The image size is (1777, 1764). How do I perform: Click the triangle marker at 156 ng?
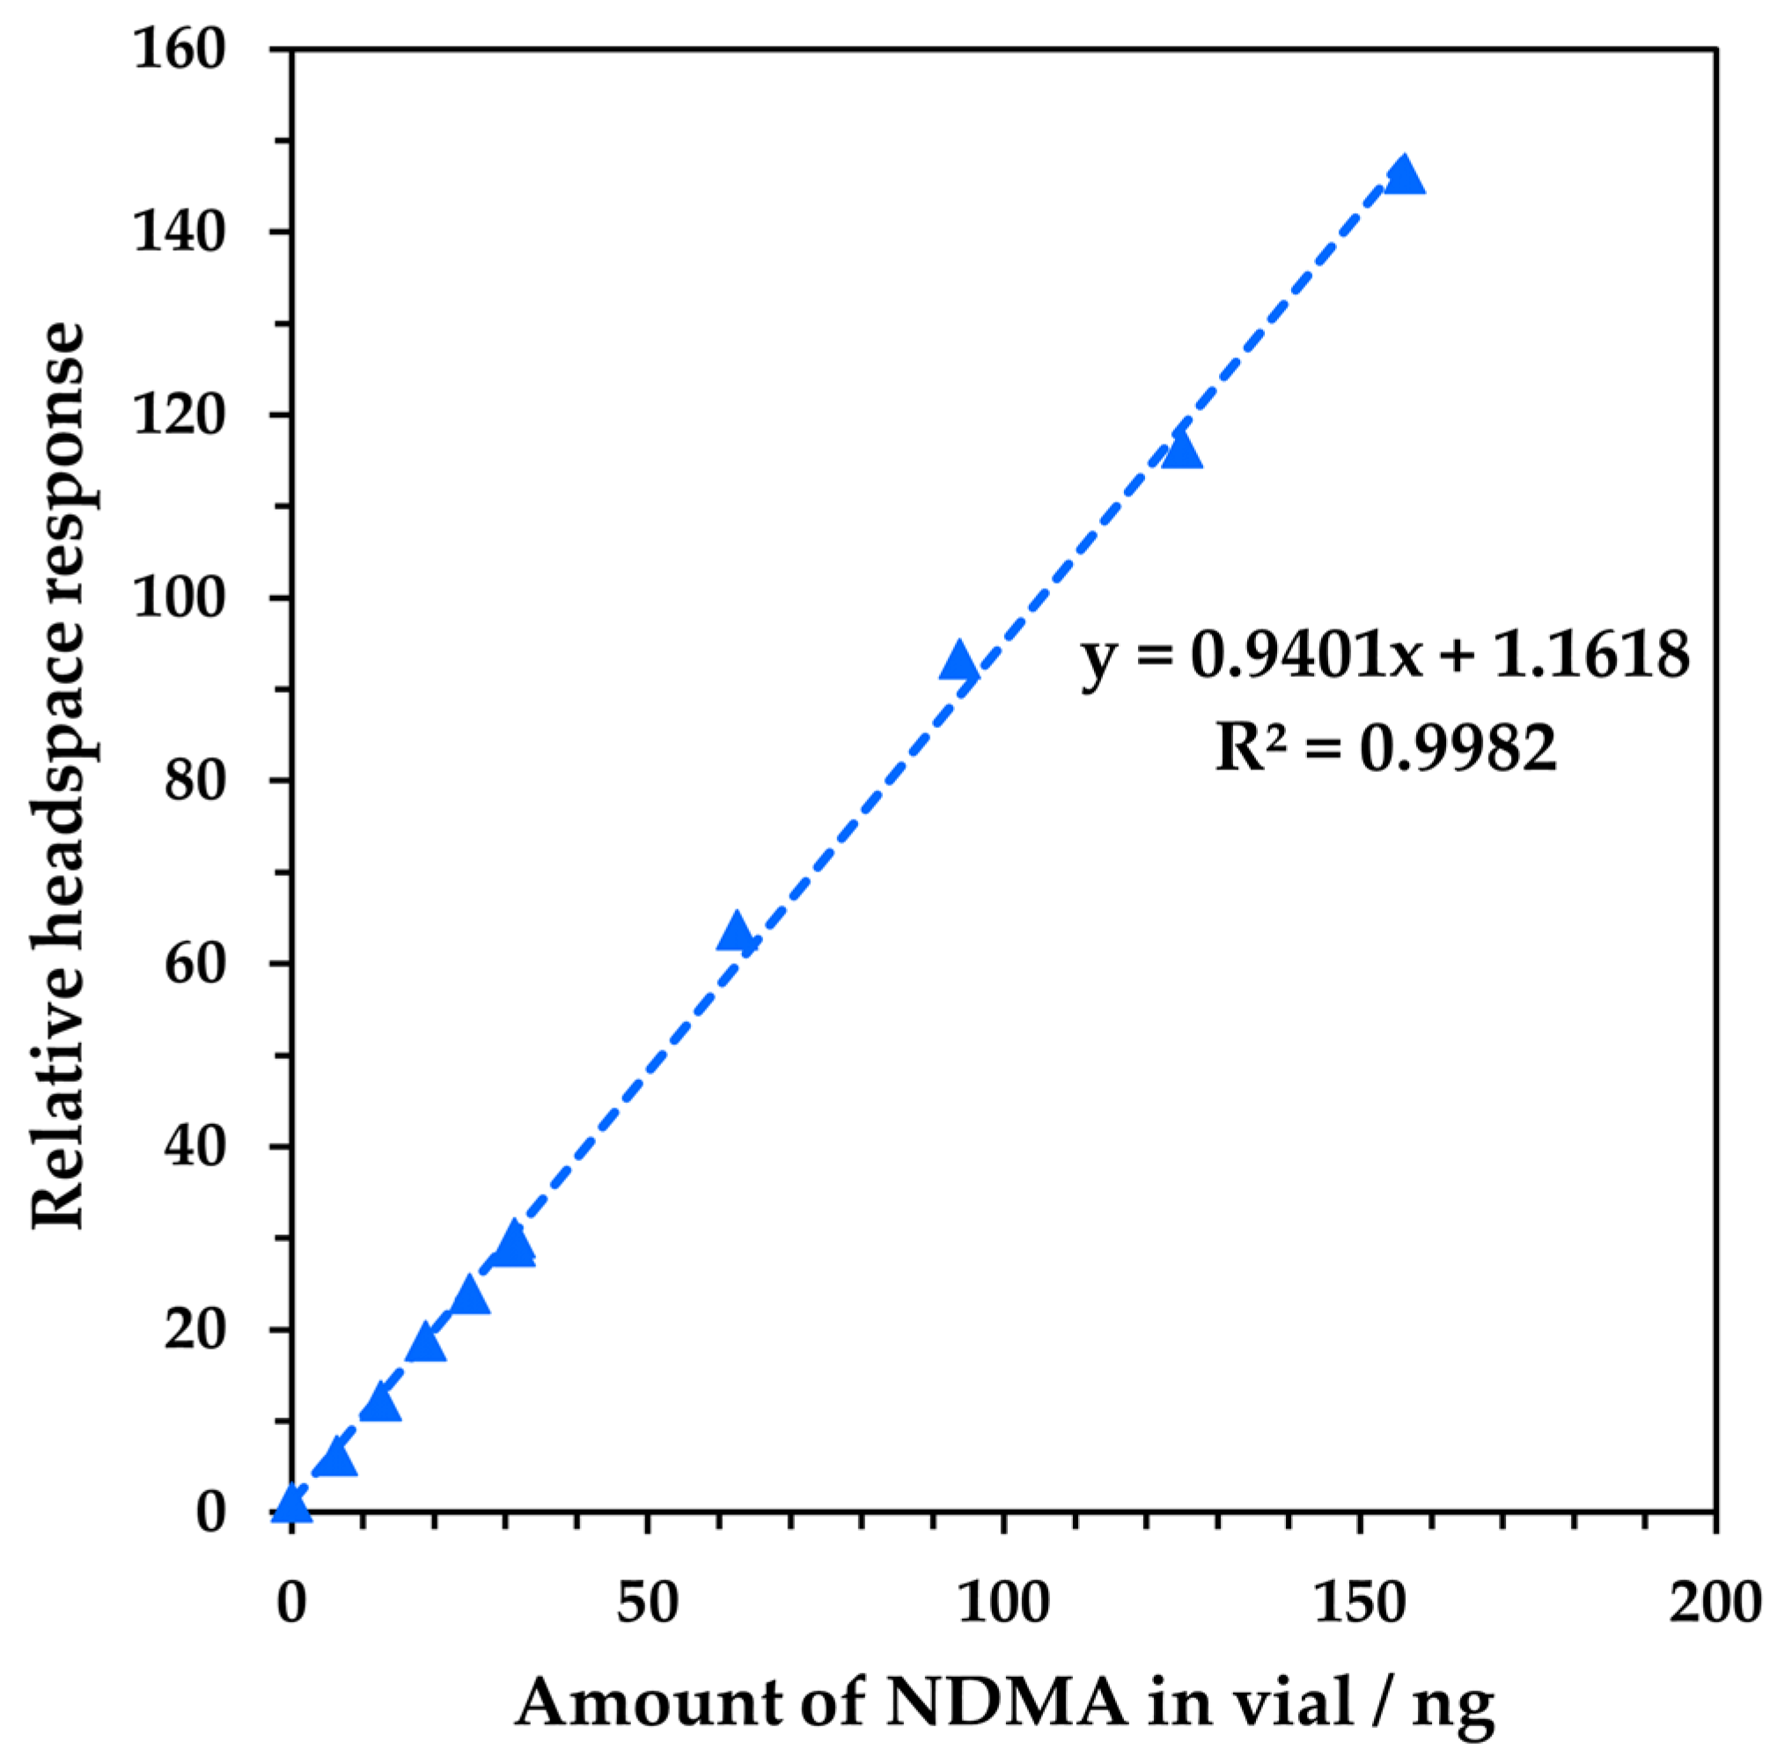1404,175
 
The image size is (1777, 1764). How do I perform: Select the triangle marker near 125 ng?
1181,451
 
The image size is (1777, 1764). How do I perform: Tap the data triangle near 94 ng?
959,661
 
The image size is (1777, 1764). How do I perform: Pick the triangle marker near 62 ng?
736,934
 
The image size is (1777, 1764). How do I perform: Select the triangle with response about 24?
470,1295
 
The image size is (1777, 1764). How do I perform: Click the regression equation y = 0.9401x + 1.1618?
1384,658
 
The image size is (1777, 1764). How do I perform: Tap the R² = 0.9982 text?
1385,747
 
